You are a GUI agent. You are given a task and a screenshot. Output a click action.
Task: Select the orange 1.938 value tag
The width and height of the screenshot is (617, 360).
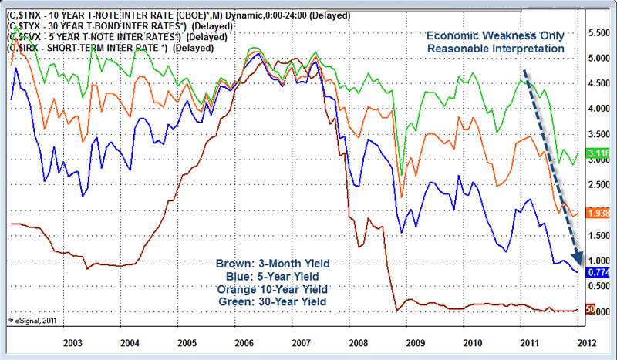coord(599,212)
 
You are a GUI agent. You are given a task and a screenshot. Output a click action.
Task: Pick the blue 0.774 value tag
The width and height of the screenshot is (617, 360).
coord(599,272)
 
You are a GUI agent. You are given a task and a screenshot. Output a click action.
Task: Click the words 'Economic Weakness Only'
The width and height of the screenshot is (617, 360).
coord(494,35)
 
